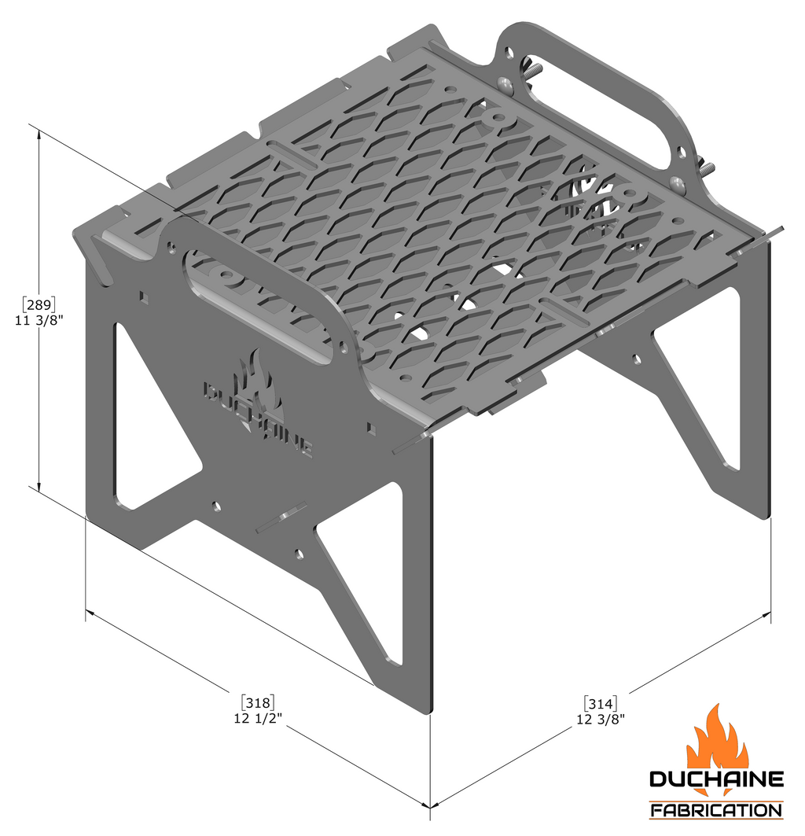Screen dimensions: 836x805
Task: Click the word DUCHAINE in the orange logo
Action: pos(716,779)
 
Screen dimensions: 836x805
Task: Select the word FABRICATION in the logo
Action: pos(716,809)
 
